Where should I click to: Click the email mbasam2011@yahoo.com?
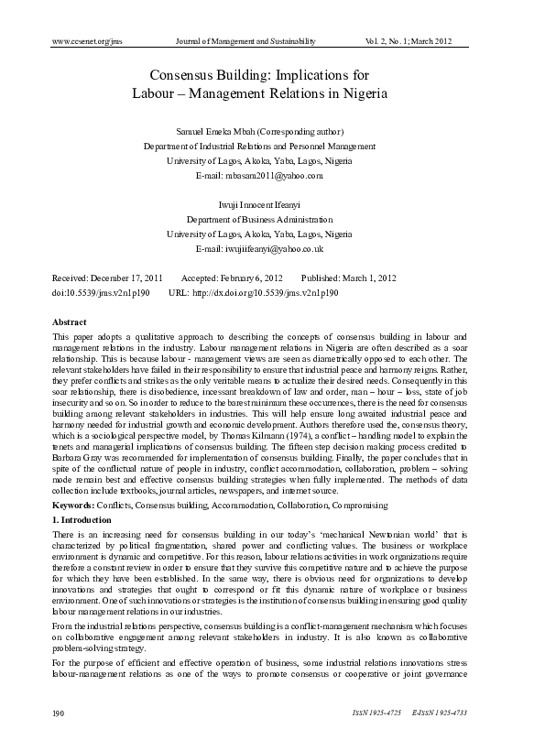coord(273,174)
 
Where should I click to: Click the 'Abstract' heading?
coord(70,322)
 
